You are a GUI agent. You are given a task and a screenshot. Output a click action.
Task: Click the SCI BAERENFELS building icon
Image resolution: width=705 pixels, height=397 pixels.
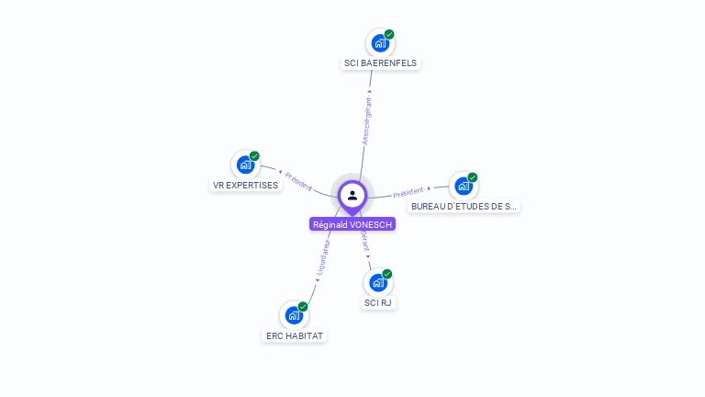pyautogui.click(x=380, y=42)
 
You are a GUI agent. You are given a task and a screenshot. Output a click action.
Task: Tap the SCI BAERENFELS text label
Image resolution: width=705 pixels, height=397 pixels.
pyautogui.click(x=380, y=63)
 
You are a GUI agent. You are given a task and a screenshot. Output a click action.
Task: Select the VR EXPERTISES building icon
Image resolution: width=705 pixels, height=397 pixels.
pyautogui.click(x=245, y=164)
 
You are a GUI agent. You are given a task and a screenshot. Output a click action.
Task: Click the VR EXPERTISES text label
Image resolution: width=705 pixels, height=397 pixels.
pyautogui.click(x=245, y=185)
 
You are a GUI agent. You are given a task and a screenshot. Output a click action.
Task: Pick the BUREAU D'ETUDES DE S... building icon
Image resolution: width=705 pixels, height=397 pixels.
pyautogui.click(x=464, y=186)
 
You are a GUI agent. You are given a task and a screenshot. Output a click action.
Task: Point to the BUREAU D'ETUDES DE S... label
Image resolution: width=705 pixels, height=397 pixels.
pyautogui.click(x=464, y=207)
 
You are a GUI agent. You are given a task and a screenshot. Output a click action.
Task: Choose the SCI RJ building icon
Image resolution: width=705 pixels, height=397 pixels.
pyautogui.click(x=378, y=282)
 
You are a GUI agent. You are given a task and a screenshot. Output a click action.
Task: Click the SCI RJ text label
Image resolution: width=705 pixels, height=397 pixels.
pyautogui.click(x=378, y=302)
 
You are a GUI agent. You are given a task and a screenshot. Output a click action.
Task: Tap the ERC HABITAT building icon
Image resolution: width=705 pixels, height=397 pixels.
pyautogui.click(x=295, y=315)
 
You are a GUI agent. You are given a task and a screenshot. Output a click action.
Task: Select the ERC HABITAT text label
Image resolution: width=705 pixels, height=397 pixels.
pyautogui.click(x=295, y=336)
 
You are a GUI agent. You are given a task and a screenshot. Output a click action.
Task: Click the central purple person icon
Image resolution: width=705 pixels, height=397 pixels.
pyautogui.click(x=352, y=195)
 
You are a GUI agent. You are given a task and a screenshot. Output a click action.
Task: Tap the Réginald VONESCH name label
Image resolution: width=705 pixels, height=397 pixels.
pyautogui.click(x=352, y=224)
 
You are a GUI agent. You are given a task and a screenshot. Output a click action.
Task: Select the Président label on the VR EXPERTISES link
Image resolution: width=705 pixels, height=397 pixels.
pyautogui.click(x=298, y=181)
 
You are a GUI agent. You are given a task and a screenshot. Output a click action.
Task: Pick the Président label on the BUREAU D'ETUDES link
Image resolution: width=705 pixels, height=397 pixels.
pyautogui.click(x=408, y=193)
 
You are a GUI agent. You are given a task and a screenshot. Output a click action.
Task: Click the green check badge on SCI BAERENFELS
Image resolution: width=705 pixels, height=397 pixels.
pyautogui.click(x=389, y=34)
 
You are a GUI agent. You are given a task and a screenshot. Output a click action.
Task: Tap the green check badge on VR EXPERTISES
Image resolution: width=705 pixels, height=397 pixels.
pyautogui.click(x=254, y=156)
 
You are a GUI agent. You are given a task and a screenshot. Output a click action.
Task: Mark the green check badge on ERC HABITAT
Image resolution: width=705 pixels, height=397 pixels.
pyautogui.click(x=303, y=307)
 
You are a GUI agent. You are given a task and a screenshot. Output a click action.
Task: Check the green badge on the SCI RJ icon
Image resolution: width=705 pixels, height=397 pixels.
pyautogui.click(x=387, y=274)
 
